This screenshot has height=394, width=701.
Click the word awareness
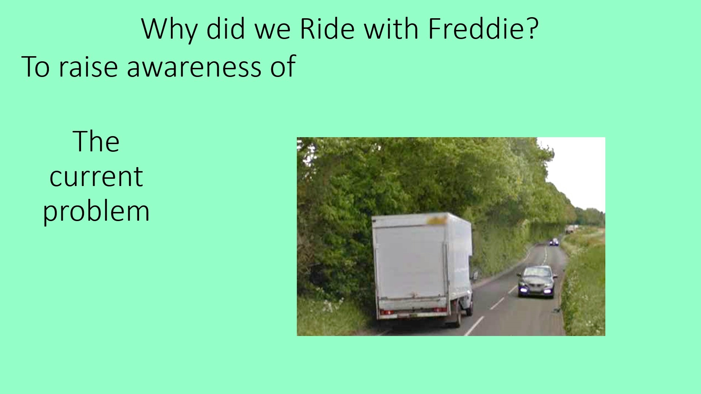[x=194, y=67]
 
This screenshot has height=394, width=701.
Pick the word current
[x=96, y=177]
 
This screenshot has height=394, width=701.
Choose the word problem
[x=96, y=211]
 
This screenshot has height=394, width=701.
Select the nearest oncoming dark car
[x=537, y=282]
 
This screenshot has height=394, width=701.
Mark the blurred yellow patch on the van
[x=436, y=220]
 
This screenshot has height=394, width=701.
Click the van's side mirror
[x=475, y=275]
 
